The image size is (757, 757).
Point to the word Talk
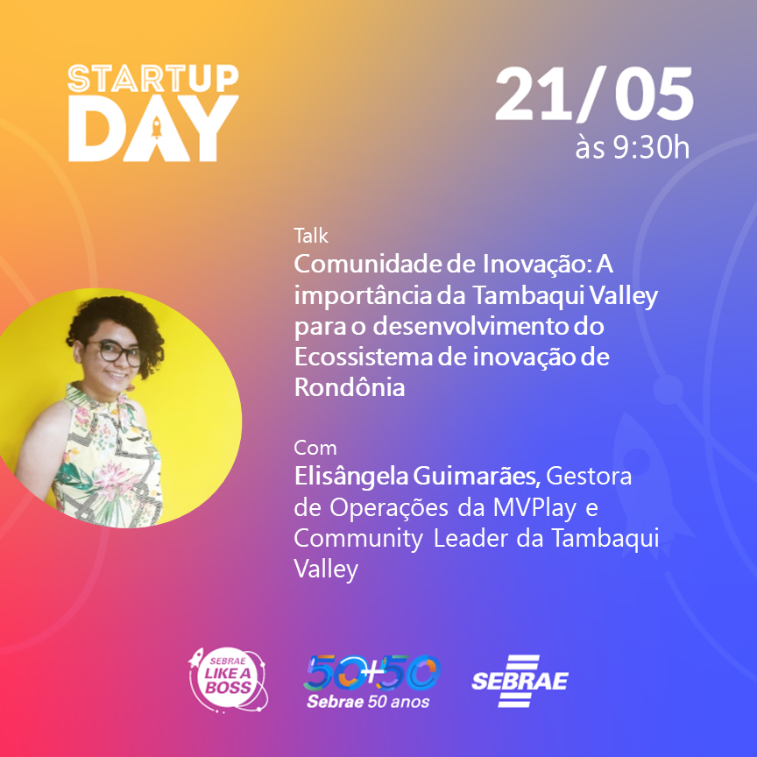pyautogui.click(x=311, y=235)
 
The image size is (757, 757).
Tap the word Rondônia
pyautogui.click(x=350, y=388)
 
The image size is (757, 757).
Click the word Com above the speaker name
pyautogui.click(x=315, y=448)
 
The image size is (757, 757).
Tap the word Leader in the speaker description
pyautogui.click(x=470, y=539)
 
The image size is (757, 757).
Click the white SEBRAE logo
pyautogui.click(x=520, y=681)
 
